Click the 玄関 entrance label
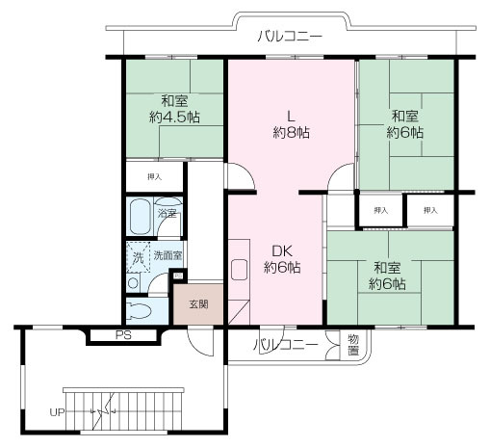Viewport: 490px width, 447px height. coord(199,304)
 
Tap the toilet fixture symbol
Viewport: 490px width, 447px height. coord(139,311)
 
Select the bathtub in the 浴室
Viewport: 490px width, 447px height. coord(141,217)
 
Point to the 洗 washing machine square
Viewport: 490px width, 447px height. coord(139,257)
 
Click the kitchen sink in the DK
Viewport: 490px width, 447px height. coord(239,269)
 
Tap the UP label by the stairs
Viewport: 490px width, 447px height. coord(57,412)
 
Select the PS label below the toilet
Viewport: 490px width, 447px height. coord(123,335)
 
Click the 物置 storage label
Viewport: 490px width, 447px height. coord(353,345)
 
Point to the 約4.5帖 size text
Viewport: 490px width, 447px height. coord(174,118)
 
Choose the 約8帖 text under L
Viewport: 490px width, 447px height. coord(291,132)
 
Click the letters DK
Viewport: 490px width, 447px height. coord(282,251)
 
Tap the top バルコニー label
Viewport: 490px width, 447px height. coord(290,37)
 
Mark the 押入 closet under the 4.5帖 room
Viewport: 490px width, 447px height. coord(154,176)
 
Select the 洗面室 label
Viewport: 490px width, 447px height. coord(168,255)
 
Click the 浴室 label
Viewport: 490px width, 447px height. coord(168,213)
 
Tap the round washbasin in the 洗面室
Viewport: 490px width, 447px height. coord(133,283)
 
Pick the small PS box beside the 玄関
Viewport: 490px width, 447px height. coord(178,276)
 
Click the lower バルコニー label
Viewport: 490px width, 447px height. coord(286,345)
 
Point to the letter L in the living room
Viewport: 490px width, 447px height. coord(291,116)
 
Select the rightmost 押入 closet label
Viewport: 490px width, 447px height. coord(430,210)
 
